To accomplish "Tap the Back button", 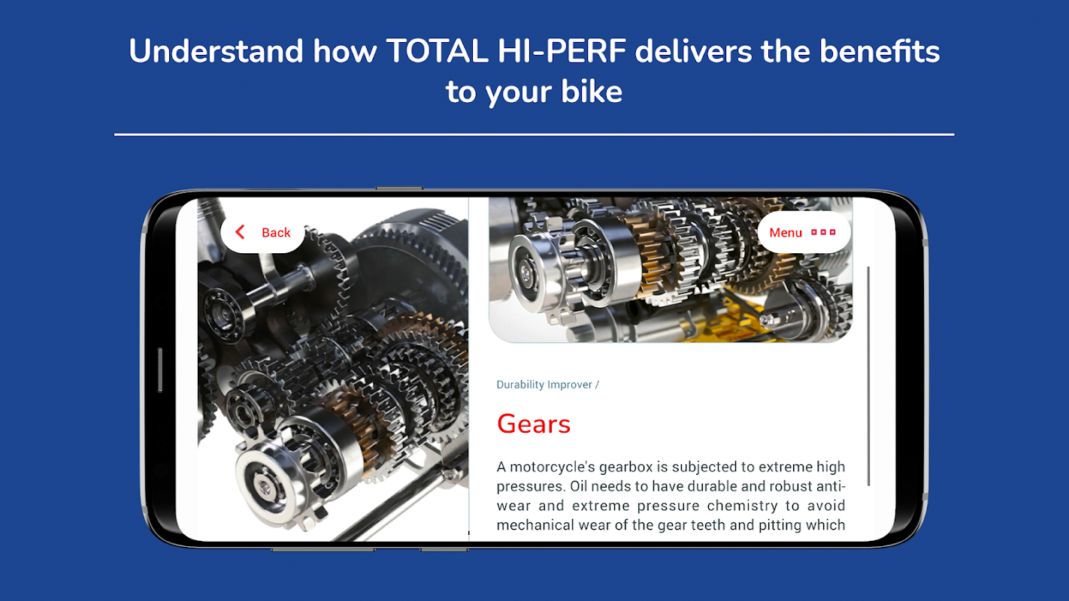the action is (x=262, y=232).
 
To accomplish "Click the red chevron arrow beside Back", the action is (x=240, y=232).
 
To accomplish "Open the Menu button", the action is (x=804, y=232).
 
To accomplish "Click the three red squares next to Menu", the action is (x=823, y=232).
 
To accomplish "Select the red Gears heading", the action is (x=534, y=424).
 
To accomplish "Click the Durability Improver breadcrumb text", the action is (x=544, y=385).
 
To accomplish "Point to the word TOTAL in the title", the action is (x=437, y=51).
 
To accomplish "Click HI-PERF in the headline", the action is (x=562, y=51).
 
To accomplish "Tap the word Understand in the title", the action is (x=217, y=51).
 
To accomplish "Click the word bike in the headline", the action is (x=592, y=91).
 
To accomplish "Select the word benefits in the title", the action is (x=880, y=51).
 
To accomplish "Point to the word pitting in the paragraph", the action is (x=780, y=525).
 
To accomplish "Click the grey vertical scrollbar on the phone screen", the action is (x=868, y=376).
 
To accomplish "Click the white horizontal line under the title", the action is (x=534, y=134).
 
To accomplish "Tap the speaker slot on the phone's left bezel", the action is (x=160, y=370).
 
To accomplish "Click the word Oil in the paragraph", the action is (x=578, y=486).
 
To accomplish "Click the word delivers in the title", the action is (x=693, y=51).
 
